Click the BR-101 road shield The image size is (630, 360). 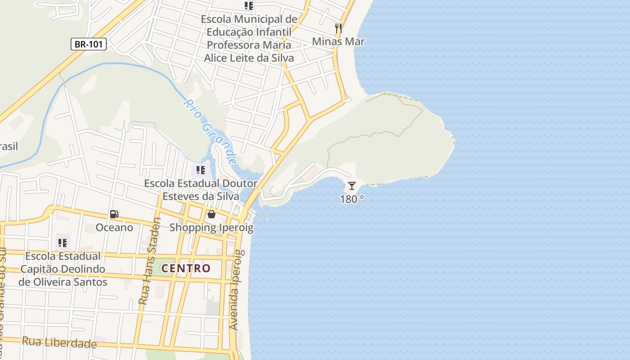[88, 44]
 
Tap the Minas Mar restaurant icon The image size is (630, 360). [338, 28]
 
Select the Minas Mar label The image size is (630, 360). [338, 41]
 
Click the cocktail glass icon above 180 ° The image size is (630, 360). [352, 185]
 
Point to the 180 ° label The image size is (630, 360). [352, 199]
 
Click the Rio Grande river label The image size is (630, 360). [211, 132]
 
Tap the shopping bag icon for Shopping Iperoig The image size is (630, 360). [211, 214]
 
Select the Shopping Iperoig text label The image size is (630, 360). [211, 228]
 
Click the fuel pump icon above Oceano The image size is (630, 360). [114, 214]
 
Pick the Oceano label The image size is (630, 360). [114, 227]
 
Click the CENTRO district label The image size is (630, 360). [186, 269]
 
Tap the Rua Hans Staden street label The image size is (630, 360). [150, 261]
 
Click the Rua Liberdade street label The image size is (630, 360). [59, 342]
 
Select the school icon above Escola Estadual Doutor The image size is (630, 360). [200, 170]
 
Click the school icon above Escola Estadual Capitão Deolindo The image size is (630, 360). [63, 243]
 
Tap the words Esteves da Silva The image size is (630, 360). [201, 196]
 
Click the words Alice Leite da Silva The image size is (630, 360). [249, 58]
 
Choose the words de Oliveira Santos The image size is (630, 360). [63, 282]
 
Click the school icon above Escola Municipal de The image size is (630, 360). [248, 5]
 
